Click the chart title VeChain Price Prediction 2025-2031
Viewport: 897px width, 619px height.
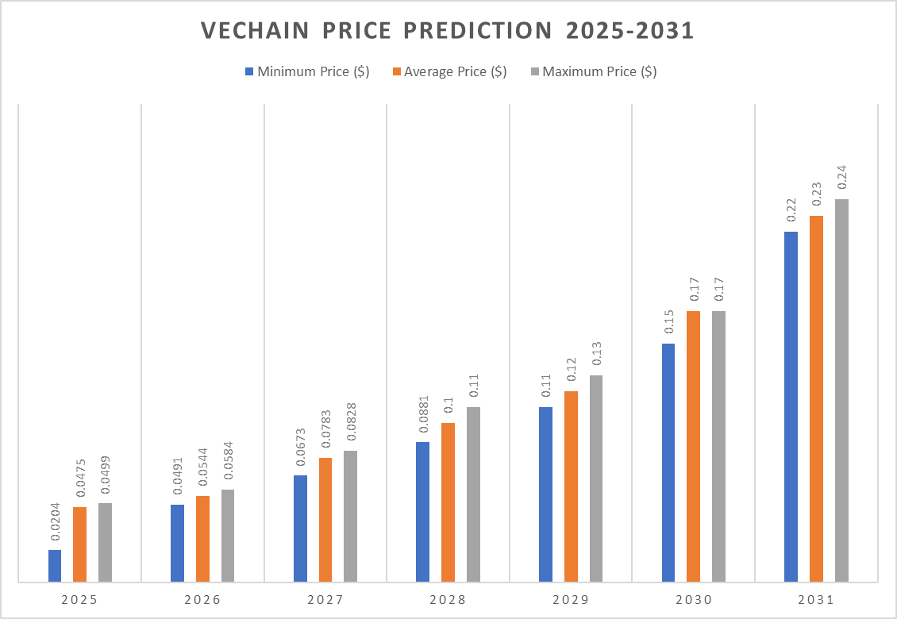[448, 30]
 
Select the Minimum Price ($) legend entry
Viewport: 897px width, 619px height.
[306, 71]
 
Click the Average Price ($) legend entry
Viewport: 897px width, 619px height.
[449, 71]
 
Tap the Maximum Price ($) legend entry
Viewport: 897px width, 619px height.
[593, 71]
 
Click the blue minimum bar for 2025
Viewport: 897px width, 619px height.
[55, 566]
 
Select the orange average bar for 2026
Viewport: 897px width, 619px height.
[202, 539]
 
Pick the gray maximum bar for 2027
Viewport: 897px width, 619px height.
[350, 516]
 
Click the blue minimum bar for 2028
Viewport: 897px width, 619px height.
[422, 512]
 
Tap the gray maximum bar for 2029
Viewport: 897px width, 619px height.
[595, 479]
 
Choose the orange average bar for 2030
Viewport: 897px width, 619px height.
[693, 446]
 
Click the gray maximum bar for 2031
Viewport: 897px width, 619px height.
[841, 390]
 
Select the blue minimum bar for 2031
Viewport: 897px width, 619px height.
[791, 406]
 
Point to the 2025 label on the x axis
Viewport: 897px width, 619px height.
[79, 600]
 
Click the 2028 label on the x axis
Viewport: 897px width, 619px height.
[447, 600]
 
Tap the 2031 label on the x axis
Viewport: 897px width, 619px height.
[815, 600]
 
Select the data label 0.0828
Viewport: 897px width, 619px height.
[350, 425]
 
